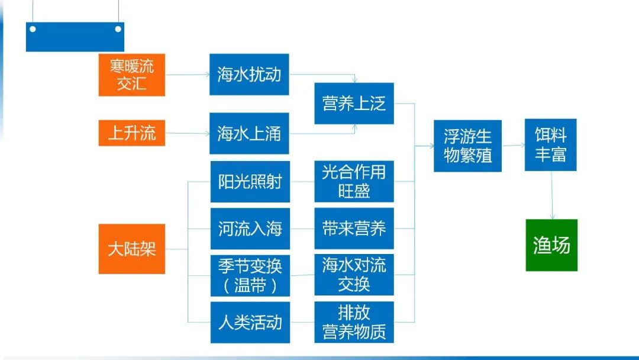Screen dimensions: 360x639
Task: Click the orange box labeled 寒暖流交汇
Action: click(x=131, y=75)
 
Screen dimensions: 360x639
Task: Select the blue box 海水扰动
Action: click(x=249, y=75)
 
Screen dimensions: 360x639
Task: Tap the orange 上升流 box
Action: click(x=131, y=133)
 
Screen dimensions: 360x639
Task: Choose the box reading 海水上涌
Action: click(x=249, y=133)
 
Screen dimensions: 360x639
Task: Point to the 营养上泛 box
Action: click(x=354, y=104)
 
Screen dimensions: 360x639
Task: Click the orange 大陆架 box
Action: click(x=131, y=249)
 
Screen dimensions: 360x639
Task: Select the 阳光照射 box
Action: click(x=250, y=182)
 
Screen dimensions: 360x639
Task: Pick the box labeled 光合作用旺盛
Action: click(x=354, y=182)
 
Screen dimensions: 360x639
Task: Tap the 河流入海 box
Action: click(x=250, y=229)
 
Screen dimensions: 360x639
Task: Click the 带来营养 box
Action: click(x=354, y=229)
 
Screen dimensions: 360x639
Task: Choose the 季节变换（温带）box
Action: click(x=250, y=275)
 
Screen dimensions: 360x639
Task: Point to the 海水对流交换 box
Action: click(x=354, y=275)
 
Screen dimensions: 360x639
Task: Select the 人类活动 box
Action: click(x=250, y=323)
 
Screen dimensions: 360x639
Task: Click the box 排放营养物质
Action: click(x=354, y=323)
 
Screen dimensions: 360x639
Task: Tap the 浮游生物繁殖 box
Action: click(x=467, y=146)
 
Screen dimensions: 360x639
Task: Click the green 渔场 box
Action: click(x=551, y=245)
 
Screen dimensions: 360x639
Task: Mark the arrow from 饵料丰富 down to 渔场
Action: click(x=552, y=195)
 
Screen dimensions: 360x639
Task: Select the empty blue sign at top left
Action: click(x=75, y=37)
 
